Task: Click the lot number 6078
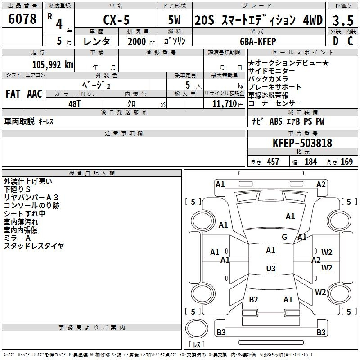pos(22,19)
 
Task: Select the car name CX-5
pos(117,20)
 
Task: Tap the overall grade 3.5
pos(343,20)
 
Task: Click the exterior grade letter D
pos(336,41)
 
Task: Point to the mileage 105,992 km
pos(53,65)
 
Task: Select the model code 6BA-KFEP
pos(258,41)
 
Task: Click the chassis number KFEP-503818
pos(302,143)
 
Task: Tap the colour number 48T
pos(74,104)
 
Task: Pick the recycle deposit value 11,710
pos(225,103)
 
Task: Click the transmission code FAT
pos(13,94)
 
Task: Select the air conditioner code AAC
pos(35,94)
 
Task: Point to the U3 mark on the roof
pos(271,268)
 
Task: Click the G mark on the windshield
pos(284,237)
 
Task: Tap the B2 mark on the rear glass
pos(253,299)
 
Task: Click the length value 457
pos(273,162)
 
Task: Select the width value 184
pos(310,162)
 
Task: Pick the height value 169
pos(346,162)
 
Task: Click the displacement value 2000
pos(137,41)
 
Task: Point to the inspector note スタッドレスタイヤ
pos(34,246)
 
